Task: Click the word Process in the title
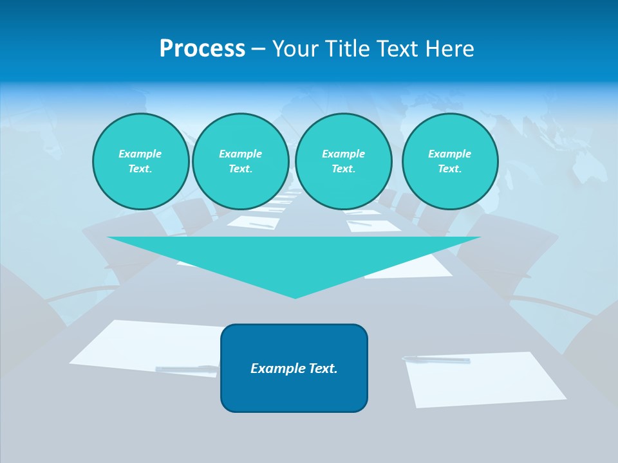pos(202,49)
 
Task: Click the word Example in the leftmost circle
pos(140,154)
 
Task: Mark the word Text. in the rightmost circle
pos(449,168)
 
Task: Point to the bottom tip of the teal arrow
pos(295,296)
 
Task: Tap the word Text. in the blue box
pos(323,368)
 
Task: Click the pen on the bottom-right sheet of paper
pos(436,359)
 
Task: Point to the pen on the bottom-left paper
pos(186,369)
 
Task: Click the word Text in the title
pos(396,49)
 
